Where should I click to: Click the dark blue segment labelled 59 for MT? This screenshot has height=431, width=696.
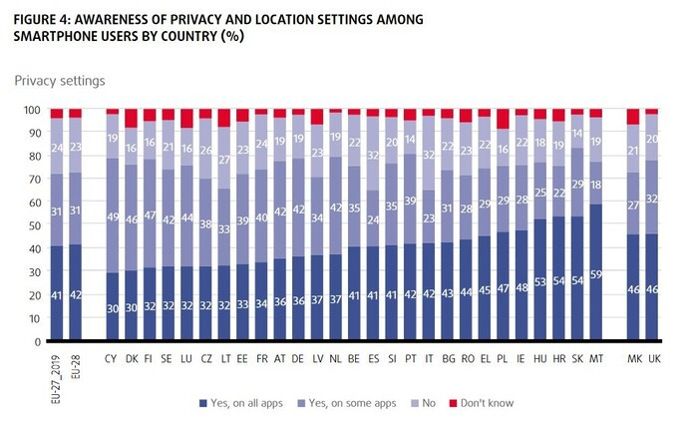[x=596, y=272]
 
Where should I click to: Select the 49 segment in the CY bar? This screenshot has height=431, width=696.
[x=113, y=215]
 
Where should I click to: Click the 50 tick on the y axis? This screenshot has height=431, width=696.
[x=31, y=225]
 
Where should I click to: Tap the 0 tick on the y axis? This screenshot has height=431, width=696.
[x=34, y=341]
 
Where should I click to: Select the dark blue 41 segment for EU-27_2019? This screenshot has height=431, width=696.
[x=57, y=293]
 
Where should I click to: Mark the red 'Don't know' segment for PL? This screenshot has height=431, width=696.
[x=504, y=119]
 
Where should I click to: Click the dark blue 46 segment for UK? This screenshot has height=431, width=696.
[x=651, y=287]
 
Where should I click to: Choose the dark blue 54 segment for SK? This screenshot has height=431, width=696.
[x=577, y=278]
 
